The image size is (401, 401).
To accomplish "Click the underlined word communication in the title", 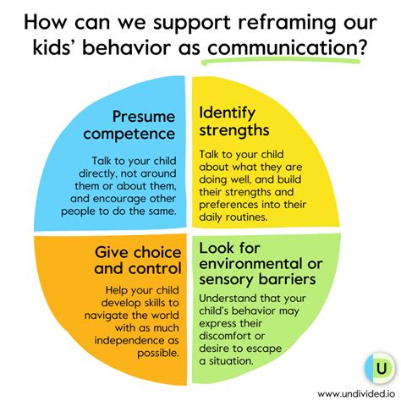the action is [x=283, y=47].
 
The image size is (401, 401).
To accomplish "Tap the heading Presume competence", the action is [x=129, y=125].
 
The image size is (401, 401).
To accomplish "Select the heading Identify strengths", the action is [x=234, y=122].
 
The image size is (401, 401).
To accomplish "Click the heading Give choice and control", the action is [x=138, y=261].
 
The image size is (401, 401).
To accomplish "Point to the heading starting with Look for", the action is [x=261, y=264].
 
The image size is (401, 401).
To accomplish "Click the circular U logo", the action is [x=379, y=368].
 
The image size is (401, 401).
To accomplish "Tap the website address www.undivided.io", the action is [x=356, y=393].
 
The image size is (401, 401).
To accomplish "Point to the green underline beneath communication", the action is [x=281, y=61].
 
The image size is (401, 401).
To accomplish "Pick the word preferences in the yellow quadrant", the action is [x=228, y=205].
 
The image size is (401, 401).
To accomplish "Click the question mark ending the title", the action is [x=363, y=47].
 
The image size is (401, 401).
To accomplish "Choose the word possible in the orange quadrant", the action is [x=158, y=354].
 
